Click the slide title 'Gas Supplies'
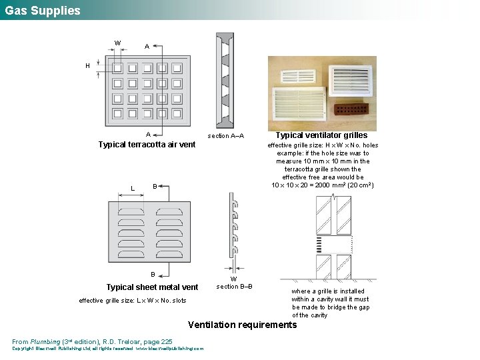[43, 11]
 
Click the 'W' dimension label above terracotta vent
[117, 43]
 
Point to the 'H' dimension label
[87, 66]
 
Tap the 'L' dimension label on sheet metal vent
[133, 189]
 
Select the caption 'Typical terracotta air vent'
[147, 145]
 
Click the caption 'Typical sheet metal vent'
[152, 287]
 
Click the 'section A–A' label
[225, 136]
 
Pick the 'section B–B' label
[234, 287]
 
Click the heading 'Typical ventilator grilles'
[321, 135]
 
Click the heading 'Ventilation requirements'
[243, 325]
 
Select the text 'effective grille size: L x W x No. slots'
[132, 301]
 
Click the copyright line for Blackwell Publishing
[107, 348]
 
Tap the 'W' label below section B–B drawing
[233, 279]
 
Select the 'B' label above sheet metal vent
[155, 185]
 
